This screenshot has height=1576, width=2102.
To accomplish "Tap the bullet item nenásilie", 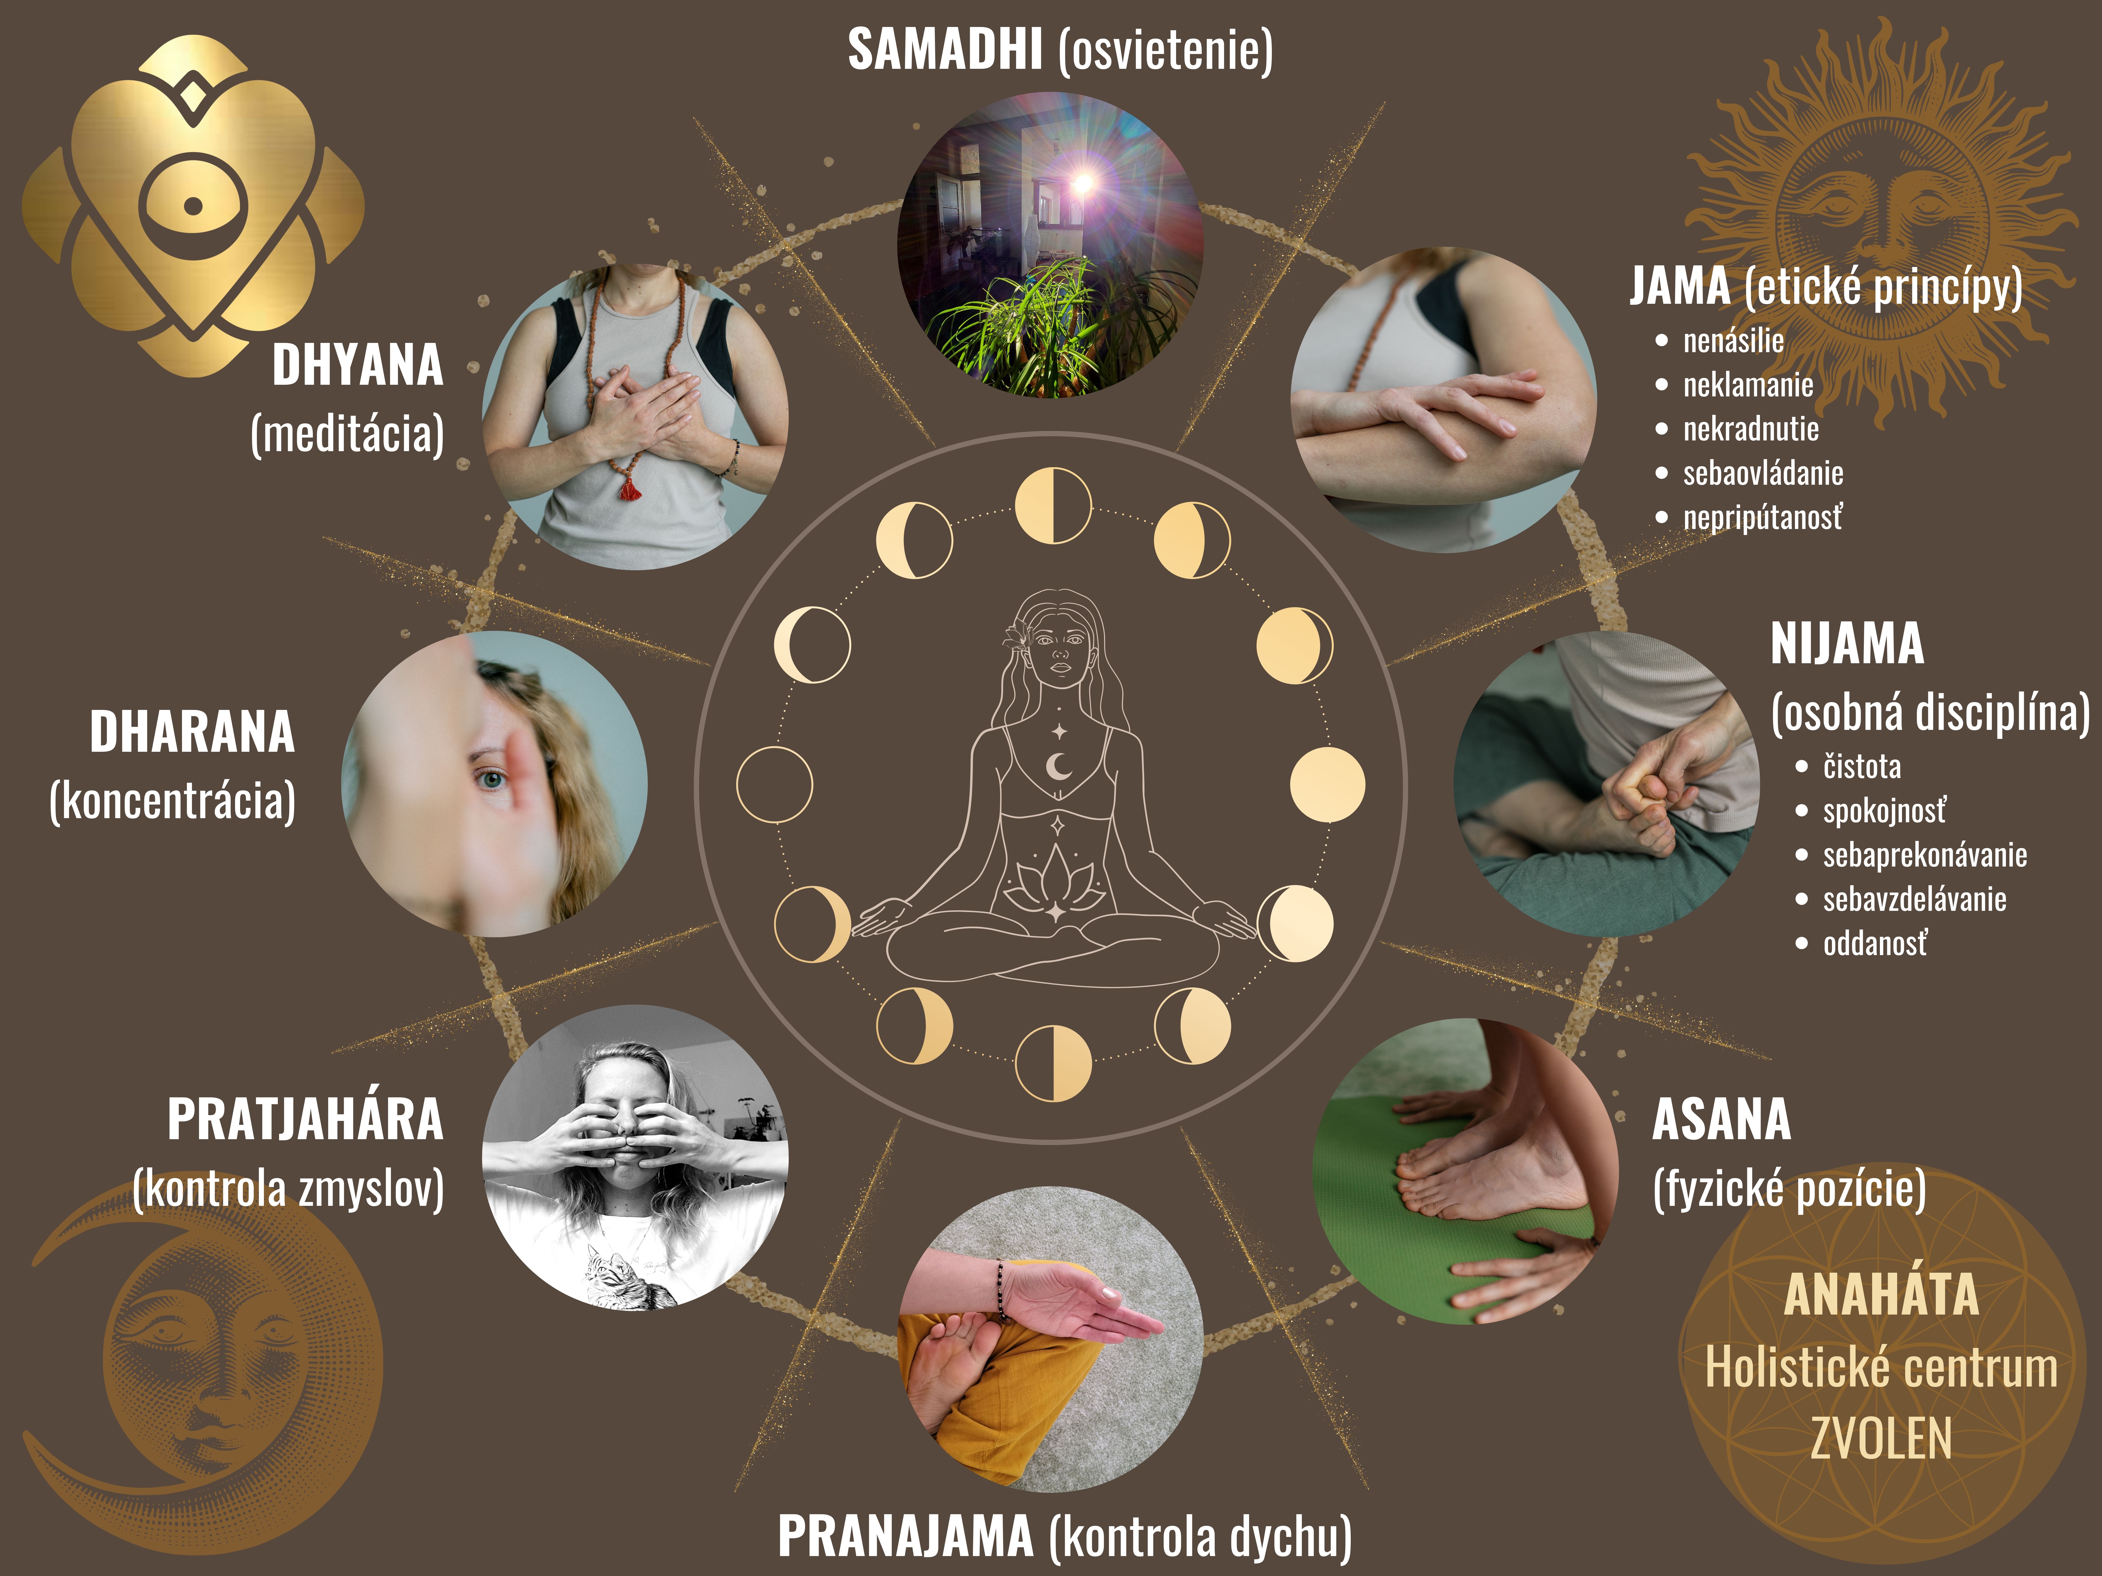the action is [x=1733, y=340].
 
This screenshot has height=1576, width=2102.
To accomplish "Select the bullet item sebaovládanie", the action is [x=1763, y=472].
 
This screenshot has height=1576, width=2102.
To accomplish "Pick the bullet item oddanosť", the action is [x=1875, y=943].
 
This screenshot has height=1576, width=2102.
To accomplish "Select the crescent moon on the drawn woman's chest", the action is [x=1058, y=766].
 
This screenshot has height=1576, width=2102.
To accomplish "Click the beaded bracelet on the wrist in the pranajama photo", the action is [x=1001, y=1289].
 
